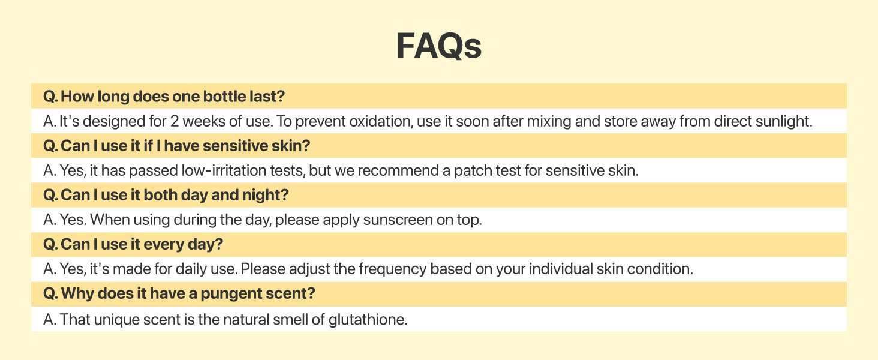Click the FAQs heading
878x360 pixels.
(438, 46)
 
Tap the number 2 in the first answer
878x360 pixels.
(175, 121)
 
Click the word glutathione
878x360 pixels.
(368, 320)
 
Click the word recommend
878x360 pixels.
(399, 170)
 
